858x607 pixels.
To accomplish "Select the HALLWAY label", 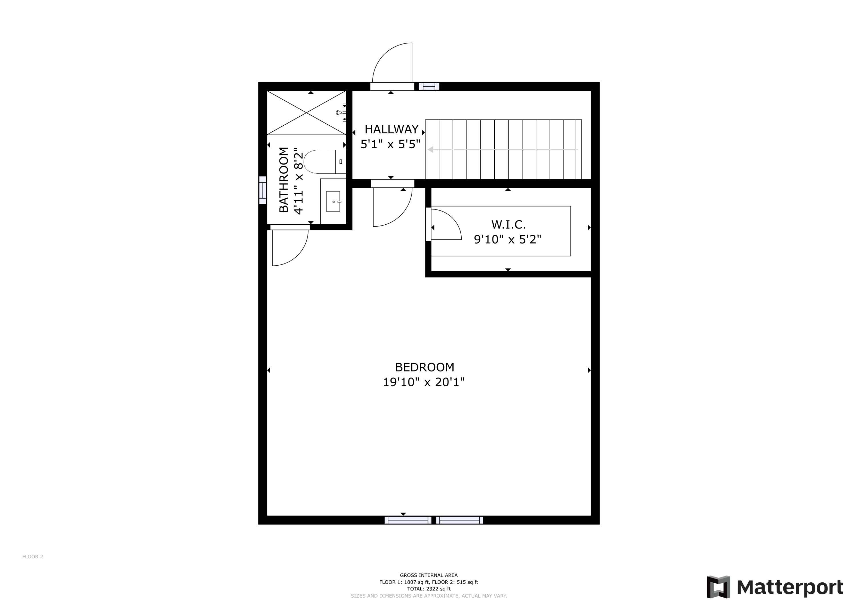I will pos(391,129).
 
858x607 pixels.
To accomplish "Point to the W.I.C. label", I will pos(508,225).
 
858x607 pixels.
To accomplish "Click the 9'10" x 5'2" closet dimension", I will pos(507,239).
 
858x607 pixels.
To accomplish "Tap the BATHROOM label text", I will pos(284,180).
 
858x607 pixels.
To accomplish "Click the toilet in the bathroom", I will pos(321,162).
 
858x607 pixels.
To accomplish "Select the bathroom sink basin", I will pos(333,201).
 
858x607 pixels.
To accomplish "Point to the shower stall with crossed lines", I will pos(306,112).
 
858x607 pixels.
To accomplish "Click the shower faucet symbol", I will pos(341,112).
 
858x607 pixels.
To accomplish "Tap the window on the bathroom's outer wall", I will pos(263,190).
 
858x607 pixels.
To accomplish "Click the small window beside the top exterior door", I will pos(429,86).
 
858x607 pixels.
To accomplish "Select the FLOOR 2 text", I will pos(33,557).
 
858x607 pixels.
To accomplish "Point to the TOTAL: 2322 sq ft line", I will pos(429,589).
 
